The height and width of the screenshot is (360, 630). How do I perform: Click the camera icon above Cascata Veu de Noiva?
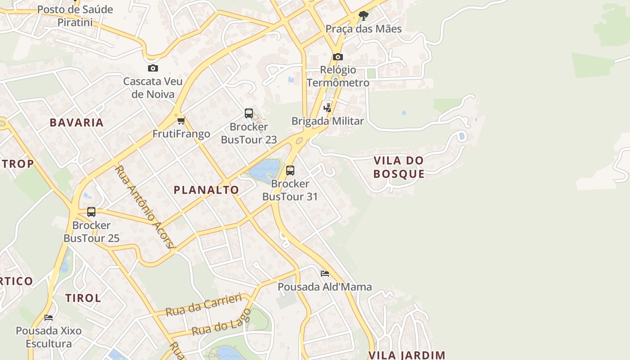(x=153, y=68)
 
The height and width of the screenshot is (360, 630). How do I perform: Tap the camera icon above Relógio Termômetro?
(x=338, y=57)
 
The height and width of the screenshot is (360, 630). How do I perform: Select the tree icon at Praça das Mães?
(x=364, y=16)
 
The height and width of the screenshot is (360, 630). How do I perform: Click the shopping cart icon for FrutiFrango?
(x=181, y=121)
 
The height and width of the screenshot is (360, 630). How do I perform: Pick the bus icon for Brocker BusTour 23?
(x=249, y=113)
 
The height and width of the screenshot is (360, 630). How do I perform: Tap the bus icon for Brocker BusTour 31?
(x=290, y=171)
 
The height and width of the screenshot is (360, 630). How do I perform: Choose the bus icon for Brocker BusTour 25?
(x=91, y=212)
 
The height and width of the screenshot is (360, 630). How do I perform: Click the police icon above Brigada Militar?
(x=328, y=108)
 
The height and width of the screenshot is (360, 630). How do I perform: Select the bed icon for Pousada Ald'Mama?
(x=325, y=274)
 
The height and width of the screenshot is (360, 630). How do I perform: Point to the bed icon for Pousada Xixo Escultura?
(x=49, y=318)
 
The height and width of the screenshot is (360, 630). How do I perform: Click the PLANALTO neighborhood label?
(x=207, y=190)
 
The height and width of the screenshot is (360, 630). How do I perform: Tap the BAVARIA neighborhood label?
(x=76, y=122)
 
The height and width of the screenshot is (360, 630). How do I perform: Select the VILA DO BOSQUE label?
(x=399, y=167)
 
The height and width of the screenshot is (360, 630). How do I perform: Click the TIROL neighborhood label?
(x=83, y=298)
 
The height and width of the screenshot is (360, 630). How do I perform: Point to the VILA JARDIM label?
(x=407, y=355)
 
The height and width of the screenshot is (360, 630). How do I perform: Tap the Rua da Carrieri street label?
(x=204, y=305)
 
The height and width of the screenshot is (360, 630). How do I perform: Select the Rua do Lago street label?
(x=221, y=323)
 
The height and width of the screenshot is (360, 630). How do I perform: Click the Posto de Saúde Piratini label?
(x=75, y=16)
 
